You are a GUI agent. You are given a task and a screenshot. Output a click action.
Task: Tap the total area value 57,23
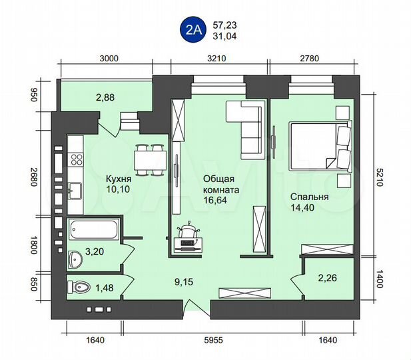coord(224,25)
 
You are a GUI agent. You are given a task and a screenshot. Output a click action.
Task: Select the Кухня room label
coord(119,179)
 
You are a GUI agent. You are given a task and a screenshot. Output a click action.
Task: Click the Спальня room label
coord(310,197)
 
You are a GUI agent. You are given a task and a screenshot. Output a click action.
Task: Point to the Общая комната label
coord(220,185)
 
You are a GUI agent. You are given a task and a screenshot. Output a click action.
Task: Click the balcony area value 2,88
coord(105,98)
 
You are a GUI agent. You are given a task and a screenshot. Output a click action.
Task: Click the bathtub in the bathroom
coord(94,230)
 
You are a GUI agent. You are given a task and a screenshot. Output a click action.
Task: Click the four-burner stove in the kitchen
coord(76,159)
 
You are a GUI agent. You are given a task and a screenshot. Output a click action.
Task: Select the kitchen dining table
coord(149,159)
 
